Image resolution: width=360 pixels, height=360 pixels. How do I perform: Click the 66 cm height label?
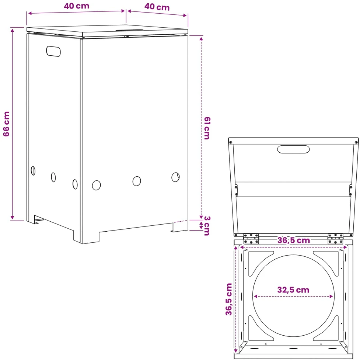point(6,124)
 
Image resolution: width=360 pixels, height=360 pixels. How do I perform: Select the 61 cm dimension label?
point(207,128)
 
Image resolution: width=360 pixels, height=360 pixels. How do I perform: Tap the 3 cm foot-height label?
point(207,226)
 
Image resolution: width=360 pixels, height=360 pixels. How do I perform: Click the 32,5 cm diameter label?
point(293,290)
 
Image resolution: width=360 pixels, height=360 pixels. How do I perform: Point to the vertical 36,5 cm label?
point(229,299)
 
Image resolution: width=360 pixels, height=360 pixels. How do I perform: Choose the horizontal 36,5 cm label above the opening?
point(294,240)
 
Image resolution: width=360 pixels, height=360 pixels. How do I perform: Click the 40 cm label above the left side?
point(76,6)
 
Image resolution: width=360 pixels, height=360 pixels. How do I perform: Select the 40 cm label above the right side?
point(157,7)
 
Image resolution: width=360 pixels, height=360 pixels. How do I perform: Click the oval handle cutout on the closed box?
point(53,51)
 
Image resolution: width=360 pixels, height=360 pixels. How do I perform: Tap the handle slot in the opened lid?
point(293,149)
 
